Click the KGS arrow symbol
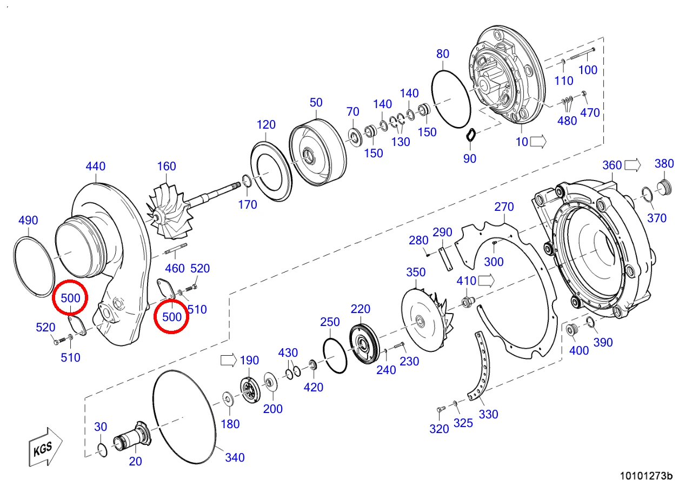45,447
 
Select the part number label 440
96,166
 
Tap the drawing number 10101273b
646,476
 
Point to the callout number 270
504,207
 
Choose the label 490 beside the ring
28,220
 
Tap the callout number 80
443,54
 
